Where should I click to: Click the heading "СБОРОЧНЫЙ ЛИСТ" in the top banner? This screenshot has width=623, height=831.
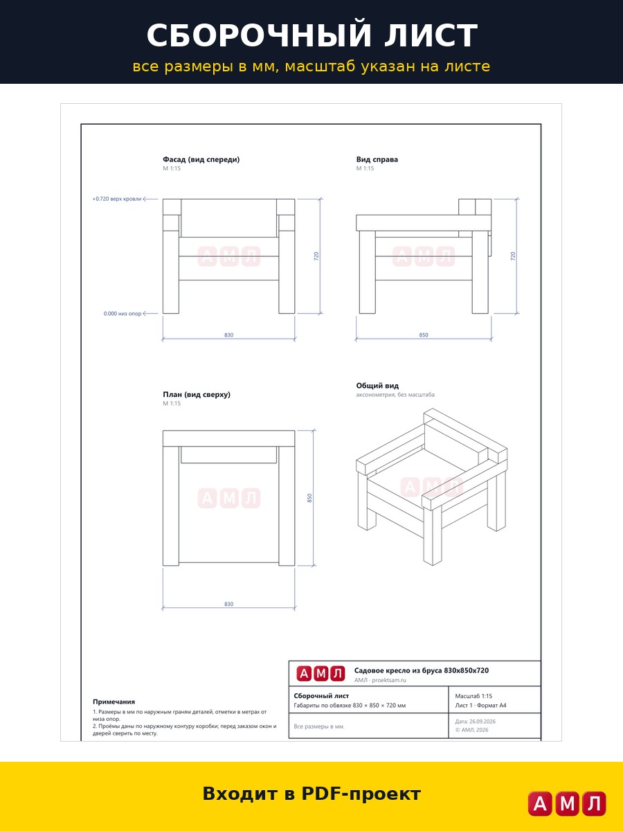click(312, 35)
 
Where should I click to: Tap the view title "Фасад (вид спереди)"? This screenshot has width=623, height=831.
click(201, 159)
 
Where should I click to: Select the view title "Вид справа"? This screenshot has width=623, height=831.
click(377, 159)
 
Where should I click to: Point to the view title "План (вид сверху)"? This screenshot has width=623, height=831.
click(197, 395)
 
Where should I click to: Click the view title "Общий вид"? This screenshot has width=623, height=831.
click(377, 386)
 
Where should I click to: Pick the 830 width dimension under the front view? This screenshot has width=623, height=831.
click(229, 335)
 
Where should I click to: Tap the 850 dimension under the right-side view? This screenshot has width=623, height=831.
click(424, 335)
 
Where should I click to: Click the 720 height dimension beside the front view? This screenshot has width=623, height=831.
click(316, 256)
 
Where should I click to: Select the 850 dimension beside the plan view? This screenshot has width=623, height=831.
click(309, 498)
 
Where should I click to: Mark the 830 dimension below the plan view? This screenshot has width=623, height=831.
click(229, 605)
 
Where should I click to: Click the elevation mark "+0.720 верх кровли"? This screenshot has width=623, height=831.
click(117, 199)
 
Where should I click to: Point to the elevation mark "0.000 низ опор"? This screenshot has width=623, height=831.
click(123, 314)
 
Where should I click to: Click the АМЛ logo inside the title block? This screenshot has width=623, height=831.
click(320, 674)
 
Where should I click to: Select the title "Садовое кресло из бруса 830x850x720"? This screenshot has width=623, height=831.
click(422, 670)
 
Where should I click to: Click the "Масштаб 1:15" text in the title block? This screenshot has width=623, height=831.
click(473, 696)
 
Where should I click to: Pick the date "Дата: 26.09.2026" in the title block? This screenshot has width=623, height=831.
click(475, 721)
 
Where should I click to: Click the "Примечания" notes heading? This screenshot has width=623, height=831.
click(114, 702)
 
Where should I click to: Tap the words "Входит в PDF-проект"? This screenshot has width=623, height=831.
click(311, 794)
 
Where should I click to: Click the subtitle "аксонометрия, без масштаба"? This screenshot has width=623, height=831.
click(395, 395)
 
